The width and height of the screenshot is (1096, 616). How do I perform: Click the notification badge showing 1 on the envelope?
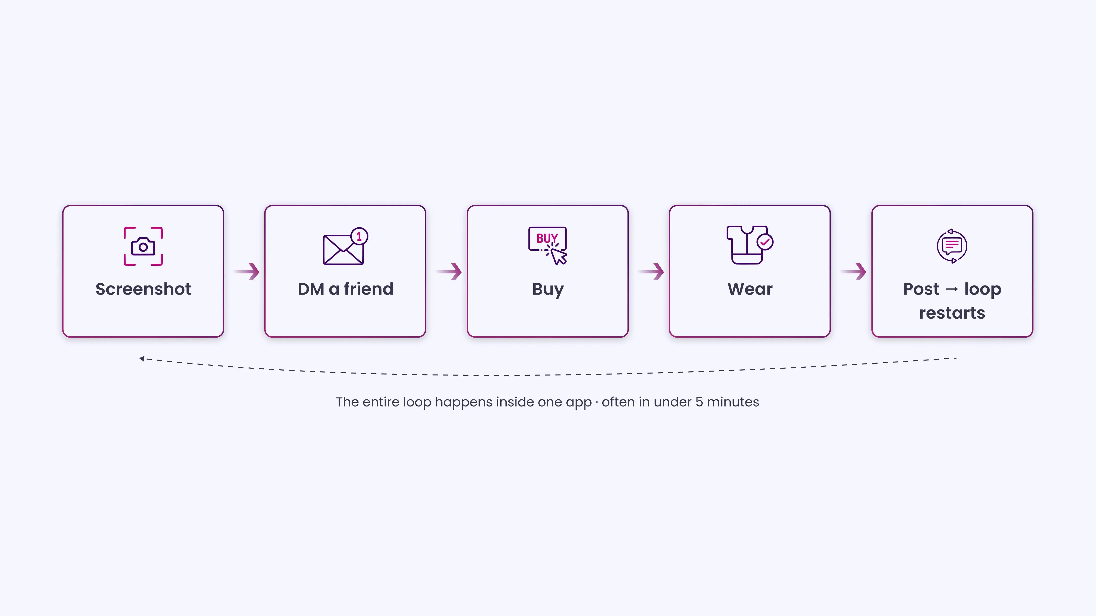[359, 236]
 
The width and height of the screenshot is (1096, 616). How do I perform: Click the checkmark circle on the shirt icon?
[765, 242]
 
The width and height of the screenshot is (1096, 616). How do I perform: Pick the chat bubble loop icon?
[952, 246]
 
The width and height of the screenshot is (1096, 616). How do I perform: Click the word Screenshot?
[143, 289]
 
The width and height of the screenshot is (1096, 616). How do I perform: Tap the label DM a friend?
[345, 289]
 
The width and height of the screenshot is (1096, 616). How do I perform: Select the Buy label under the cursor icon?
[548, 290]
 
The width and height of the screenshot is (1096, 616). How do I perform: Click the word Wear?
[750, 289]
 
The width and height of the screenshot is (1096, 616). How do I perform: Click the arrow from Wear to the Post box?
[854, 271]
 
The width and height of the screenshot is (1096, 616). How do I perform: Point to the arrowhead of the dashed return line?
[142, 358]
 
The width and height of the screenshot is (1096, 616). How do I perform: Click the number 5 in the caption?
[699, 402]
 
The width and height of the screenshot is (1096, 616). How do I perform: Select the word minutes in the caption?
[733, 402]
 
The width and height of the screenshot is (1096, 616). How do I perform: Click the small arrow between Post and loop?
[952, 289]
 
